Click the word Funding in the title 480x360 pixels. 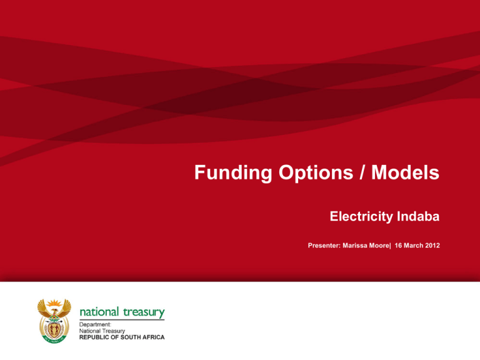click(x=233, y=172)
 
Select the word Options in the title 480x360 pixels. click(x=316, y=173)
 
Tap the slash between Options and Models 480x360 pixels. click(x=362, y=172)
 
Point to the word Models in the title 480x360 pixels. click(x=405, y=172)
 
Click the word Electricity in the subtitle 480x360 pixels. click(x=361, y=217)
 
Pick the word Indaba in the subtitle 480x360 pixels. click(x=418, y=216)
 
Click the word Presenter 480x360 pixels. click(x=324, y=246)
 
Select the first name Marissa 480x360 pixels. click(x=354, y=246)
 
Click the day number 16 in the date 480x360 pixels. click(x=398, y=246)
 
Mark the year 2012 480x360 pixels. click(x=432, y=246)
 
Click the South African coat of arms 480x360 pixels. click(x=54, y=321)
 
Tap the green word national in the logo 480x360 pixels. click(x=99, y=312)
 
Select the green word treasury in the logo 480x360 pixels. click(x=144, y=312)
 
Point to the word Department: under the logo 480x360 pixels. click(x=95, y=324)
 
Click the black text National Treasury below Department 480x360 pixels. click(x=102, y=331)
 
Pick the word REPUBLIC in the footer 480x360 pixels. click(x=93, y=337)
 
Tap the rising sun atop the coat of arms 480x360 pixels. click(x=54, y=303)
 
